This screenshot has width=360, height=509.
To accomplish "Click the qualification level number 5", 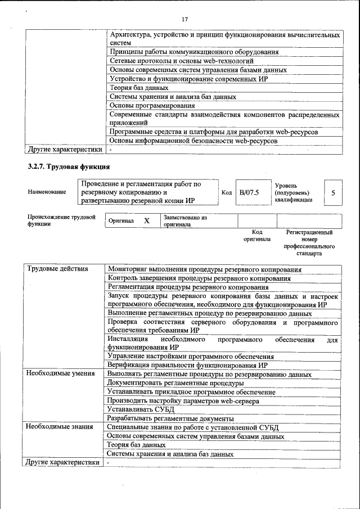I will pos(333,193).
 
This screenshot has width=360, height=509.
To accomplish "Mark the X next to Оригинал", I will pos(146,221).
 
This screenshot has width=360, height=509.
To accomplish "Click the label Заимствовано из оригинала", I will pos(185,220).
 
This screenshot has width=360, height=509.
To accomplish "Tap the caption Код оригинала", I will pos(256,235).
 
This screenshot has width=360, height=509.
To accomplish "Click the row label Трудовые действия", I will pos(57,268).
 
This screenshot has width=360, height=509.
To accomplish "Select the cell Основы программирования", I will pos(148,105).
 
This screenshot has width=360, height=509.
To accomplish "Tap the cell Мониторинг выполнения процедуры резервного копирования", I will pos(204,269).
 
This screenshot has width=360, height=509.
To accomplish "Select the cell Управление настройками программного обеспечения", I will pos(191,356).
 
